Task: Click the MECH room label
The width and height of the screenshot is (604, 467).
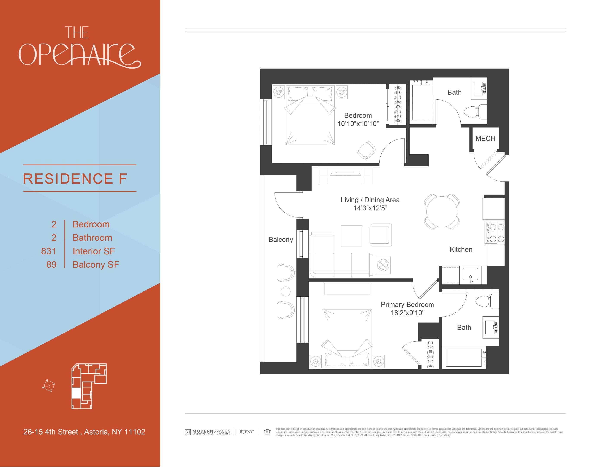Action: pos(485,138)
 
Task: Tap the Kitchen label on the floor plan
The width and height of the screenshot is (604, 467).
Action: pos(461,249)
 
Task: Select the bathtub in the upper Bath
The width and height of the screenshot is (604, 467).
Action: pos(421,102)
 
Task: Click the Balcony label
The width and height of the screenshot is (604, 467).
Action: pos(281,240)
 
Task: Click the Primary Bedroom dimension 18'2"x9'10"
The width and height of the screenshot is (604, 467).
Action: pos(407,313)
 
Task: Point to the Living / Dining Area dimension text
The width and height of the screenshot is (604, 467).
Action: pos(370,208)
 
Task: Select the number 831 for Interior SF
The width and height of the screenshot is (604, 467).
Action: pos(49,251)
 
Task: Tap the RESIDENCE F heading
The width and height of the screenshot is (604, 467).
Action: pos(75,179)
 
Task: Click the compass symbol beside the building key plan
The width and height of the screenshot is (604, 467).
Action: pos(48,385)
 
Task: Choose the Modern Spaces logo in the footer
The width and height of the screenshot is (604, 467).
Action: pos(207,432)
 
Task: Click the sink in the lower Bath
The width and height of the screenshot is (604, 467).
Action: pos(490,327)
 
